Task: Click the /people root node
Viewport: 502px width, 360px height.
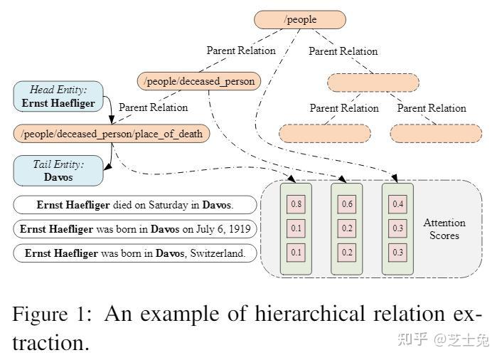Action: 300,19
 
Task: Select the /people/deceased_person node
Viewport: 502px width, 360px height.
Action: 199,81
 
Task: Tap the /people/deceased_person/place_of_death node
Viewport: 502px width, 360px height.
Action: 112,133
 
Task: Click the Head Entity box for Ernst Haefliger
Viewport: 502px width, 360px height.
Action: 58,96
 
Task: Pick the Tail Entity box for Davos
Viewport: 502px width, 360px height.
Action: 58,171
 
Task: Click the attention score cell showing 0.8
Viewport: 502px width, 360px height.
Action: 296,204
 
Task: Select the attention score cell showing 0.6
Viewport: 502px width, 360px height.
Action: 347,204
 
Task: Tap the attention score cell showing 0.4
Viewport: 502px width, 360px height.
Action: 398,204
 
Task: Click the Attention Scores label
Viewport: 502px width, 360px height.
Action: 444,229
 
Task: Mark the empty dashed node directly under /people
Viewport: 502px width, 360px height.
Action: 373,82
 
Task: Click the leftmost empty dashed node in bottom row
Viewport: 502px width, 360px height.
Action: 324,133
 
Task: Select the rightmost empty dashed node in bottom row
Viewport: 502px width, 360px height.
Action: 436,133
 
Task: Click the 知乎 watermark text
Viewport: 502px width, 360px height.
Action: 412,339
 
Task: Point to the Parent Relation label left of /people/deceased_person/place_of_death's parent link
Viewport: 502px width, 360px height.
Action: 153,107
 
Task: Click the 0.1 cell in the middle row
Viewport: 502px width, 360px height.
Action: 296,228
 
